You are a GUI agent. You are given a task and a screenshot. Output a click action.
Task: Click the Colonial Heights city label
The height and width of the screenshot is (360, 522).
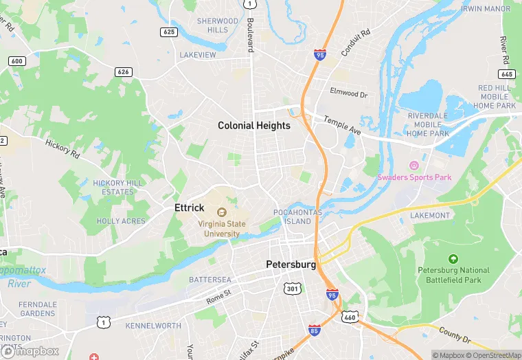[x=254, y=126]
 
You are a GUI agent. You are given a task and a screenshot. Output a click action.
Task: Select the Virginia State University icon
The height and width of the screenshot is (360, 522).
[x=222, y=212]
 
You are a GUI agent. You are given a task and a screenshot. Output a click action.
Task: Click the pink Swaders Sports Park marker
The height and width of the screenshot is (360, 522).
[x=413, y=166]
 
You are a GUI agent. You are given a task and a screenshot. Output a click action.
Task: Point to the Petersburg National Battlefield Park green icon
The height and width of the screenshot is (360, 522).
[x=453, y=259]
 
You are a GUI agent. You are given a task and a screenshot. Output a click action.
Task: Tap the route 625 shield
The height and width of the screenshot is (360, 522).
[x=168, y=32]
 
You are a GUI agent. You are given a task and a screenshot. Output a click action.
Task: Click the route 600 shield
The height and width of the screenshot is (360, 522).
[x=16, y=61]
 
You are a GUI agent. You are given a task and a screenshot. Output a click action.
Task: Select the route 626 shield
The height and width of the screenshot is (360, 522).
[x=124, y=71]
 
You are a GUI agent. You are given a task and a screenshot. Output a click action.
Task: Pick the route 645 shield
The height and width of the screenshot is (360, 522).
[x=507, y=74]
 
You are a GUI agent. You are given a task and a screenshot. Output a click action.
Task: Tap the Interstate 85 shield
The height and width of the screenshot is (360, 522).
[x=314, y=330]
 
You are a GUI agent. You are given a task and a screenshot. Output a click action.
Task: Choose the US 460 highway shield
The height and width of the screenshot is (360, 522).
[x=350, y=317]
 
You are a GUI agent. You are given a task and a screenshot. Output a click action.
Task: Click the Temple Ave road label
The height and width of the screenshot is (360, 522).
[x=337, y=124]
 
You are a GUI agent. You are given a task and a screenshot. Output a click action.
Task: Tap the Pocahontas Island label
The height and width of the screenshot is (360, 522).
[x=292, y=217]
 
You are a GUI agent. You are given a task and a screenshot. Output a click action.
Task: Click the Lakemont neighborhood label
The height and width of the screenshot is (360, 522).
[x=429, y=215]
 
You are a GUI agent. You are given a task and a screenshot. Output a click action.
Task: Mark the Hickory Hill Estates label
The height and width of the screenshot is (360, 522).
[x=117, y=188]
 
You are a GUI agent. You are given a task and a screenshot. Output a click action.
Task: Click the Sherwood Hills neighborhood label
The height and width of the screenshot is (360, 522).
[x=217, y=25]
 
